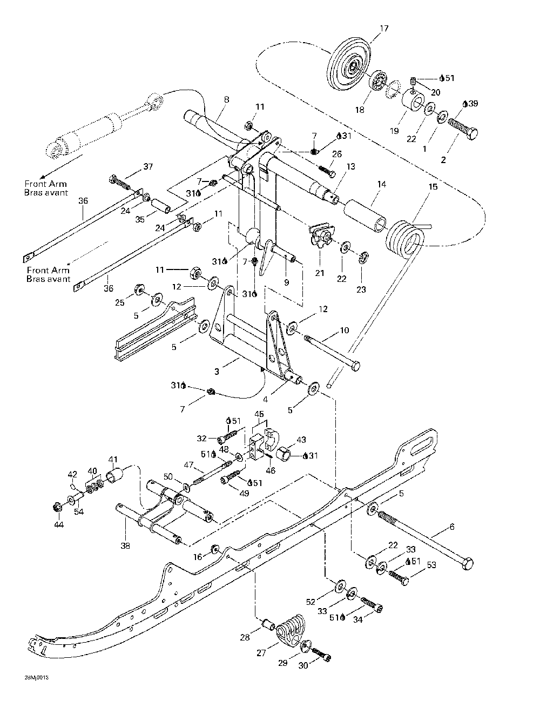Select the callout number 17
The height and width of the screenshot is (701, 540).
point(384,29)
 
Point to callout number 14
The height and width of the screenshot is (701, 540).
point(382,184)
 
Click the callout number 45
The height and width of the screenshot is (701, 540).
point(259,414)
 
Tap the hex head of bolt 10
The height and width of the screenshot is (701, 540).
point(355,366)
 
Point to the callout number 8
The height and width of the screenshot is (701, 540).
point(226,99)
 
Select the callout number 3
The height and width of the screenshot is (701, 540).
point(217,372)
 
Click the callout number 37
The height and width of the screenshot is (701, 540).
point(148,167)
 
